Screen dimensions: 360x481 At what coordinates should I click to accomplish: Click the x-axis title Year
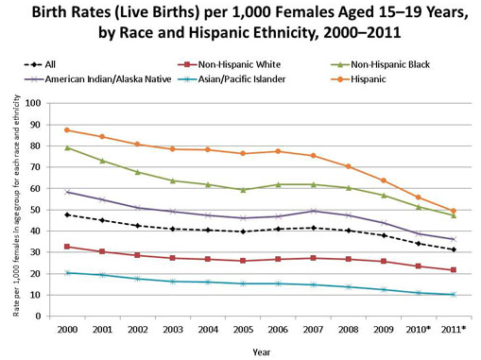coord(262,350)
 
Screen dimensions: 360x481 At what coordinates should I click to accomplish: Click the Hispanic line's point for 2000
coord(67,129)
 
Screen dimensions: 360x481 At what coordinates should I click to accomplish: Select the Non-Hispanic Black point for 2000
coord(67,147)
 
